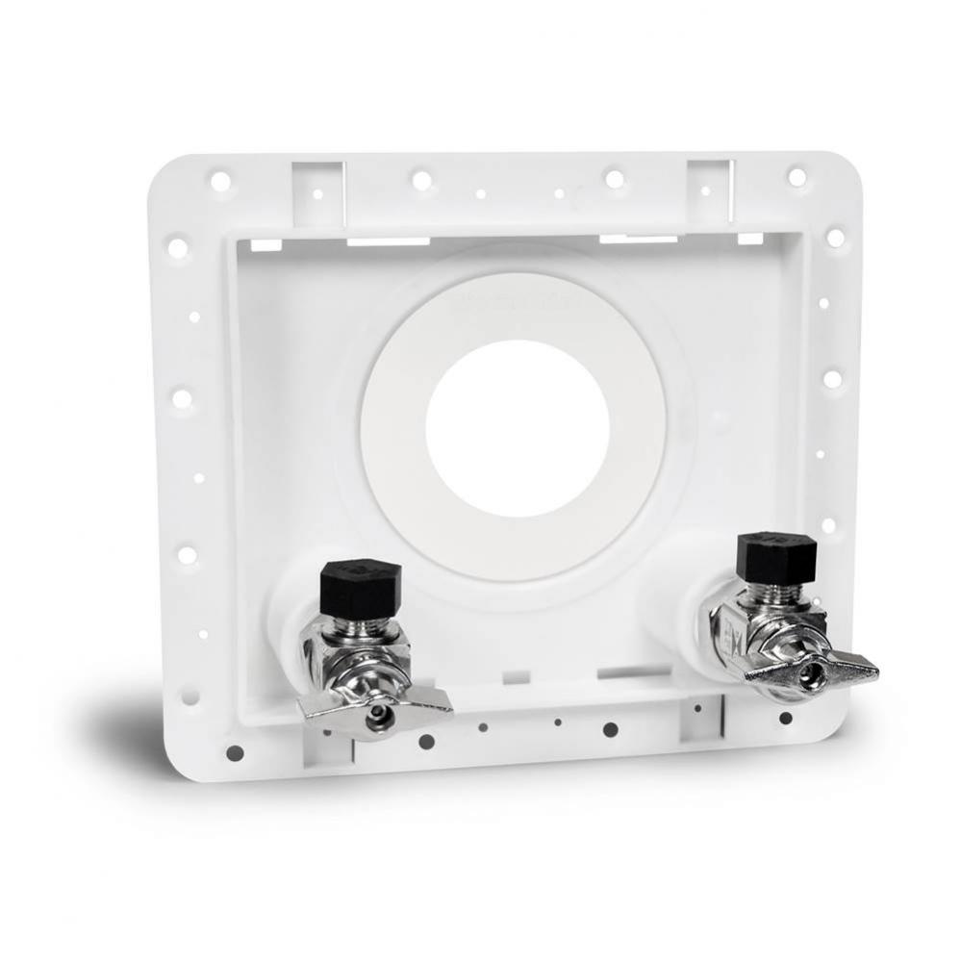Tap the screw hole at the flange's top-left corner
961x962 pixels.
(219, 181)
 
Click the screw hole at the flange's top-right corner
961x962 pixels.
(797, 177)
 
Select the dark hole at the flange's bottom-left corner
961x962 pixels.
(235, 752)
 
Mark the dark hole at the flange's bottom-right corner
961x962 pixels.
(786, 718)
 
